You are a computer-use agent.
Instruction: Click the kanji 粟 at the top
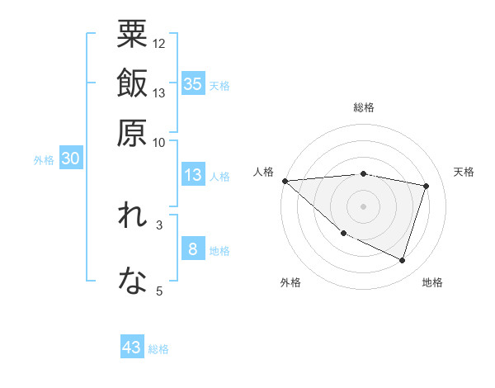coord(132,34)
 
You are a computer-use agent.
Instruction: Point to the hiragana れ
coord(132,217)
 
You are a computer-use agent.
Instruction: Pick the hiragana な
coord(132,281)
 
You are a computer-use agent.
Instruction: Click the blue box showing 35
coord(192,83)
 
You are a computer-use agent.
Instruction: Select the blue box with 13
coord(192,175)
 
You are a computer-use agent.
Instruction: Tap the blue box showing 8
coord(192,249)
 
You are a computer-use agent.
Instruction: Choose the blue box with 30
coord(70,159)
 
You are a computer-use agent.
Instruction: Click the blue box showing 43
coord(132,348)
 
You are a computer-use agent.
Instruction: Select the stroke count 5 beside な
coord(159,291)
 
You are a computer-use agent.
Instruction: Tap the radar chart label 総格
coord(364,107)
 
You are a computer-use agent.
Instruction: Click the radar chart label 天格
coord(464,172)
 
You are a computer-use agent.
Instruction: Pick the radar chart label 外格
coord(290,282)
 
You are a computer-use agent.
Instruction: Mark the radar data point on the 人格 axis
coord(285,180)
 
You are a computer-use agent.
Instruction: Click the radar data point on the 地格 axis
coord(402,260)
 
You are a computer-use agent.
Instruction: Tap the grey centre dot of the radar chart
coord(364,206)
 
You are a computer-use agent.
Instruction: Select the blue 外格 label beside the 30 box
coord(44,160)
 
